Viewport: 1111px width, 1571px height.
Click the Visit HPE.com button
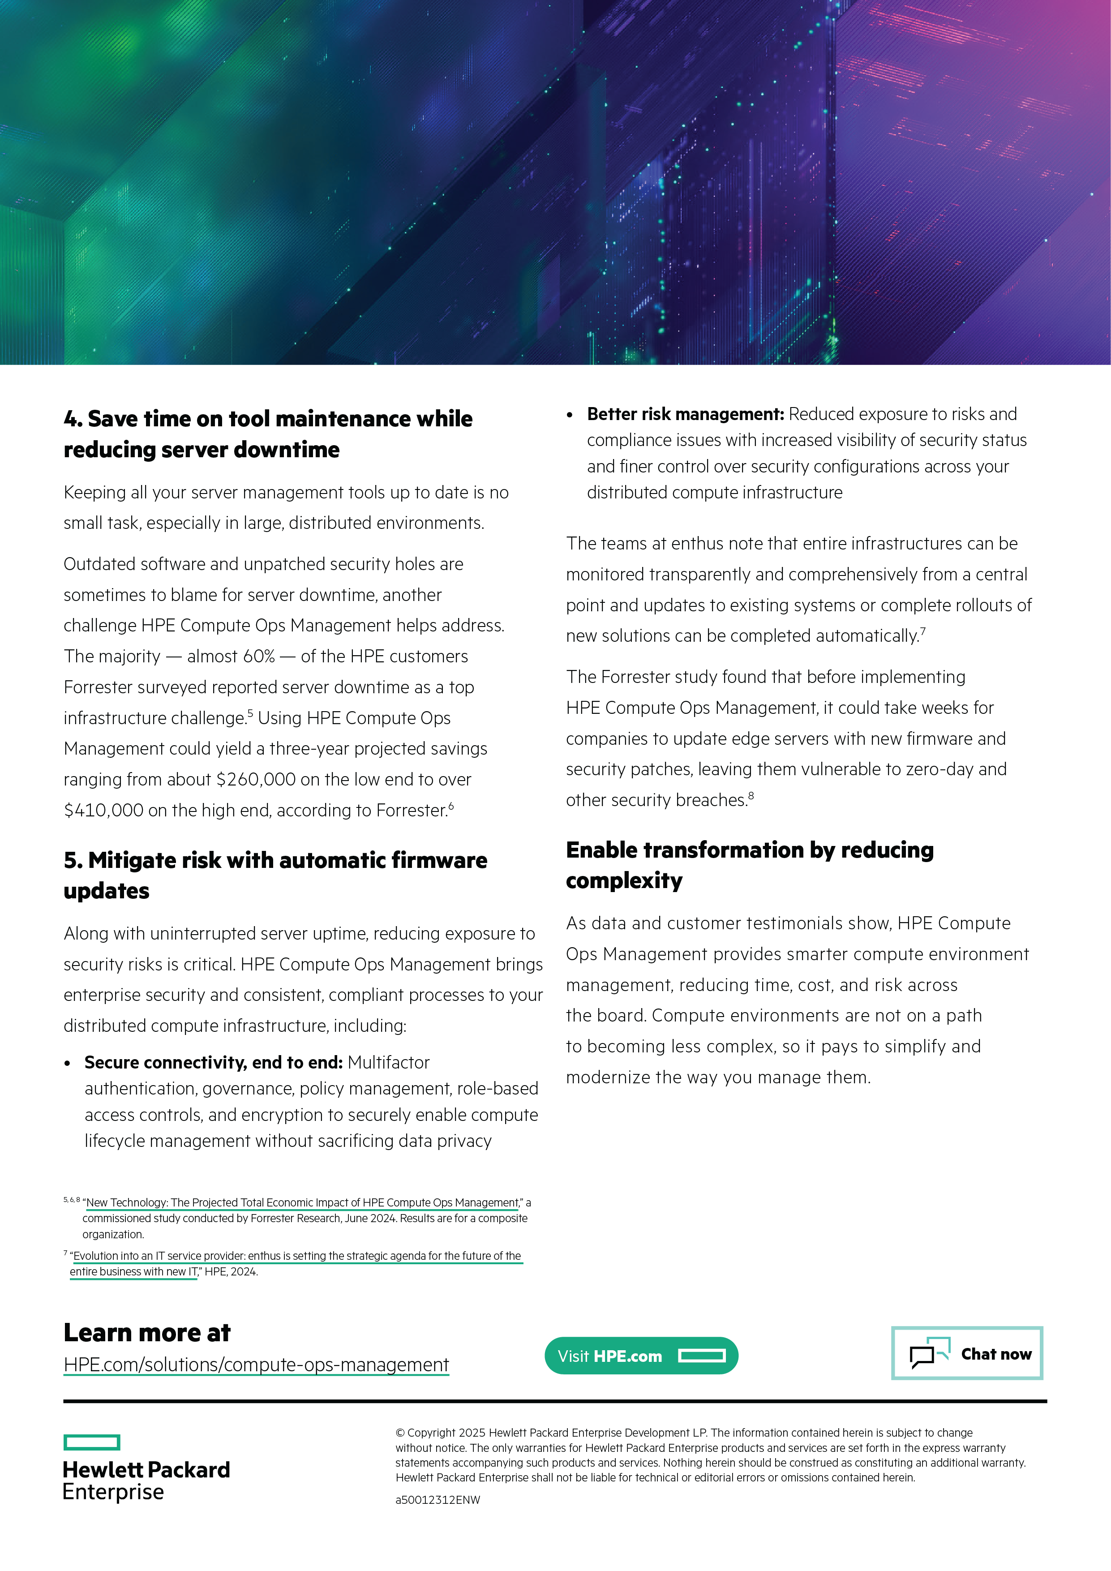[641, 1356]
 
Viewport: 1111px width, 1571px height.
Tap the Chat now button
[967, 1353]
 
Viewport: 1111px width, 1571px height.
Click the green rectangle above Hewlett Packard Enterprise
[92, 1442]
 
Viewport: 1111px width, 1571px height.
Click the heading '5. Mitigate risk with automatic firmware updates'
[275, 875]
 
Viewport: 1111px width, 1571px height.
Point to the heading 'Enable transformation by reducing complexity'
[749, 865]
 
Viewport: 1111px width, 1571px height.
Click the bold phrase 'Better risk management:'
[685, 414]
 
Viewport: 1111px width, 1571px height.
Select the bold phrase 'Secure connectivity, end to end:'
[213, 1063]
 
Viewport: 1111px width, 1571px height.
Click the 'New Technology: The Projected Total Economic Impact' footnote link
[302, 1202]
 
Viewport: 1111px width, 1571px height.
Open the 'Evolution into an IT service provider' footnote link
[296, 1256]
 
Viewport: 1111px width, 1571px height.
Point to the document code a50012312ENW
[438, 1500]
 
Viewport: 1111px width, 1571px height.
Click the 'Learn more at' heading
[147, 1332]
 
